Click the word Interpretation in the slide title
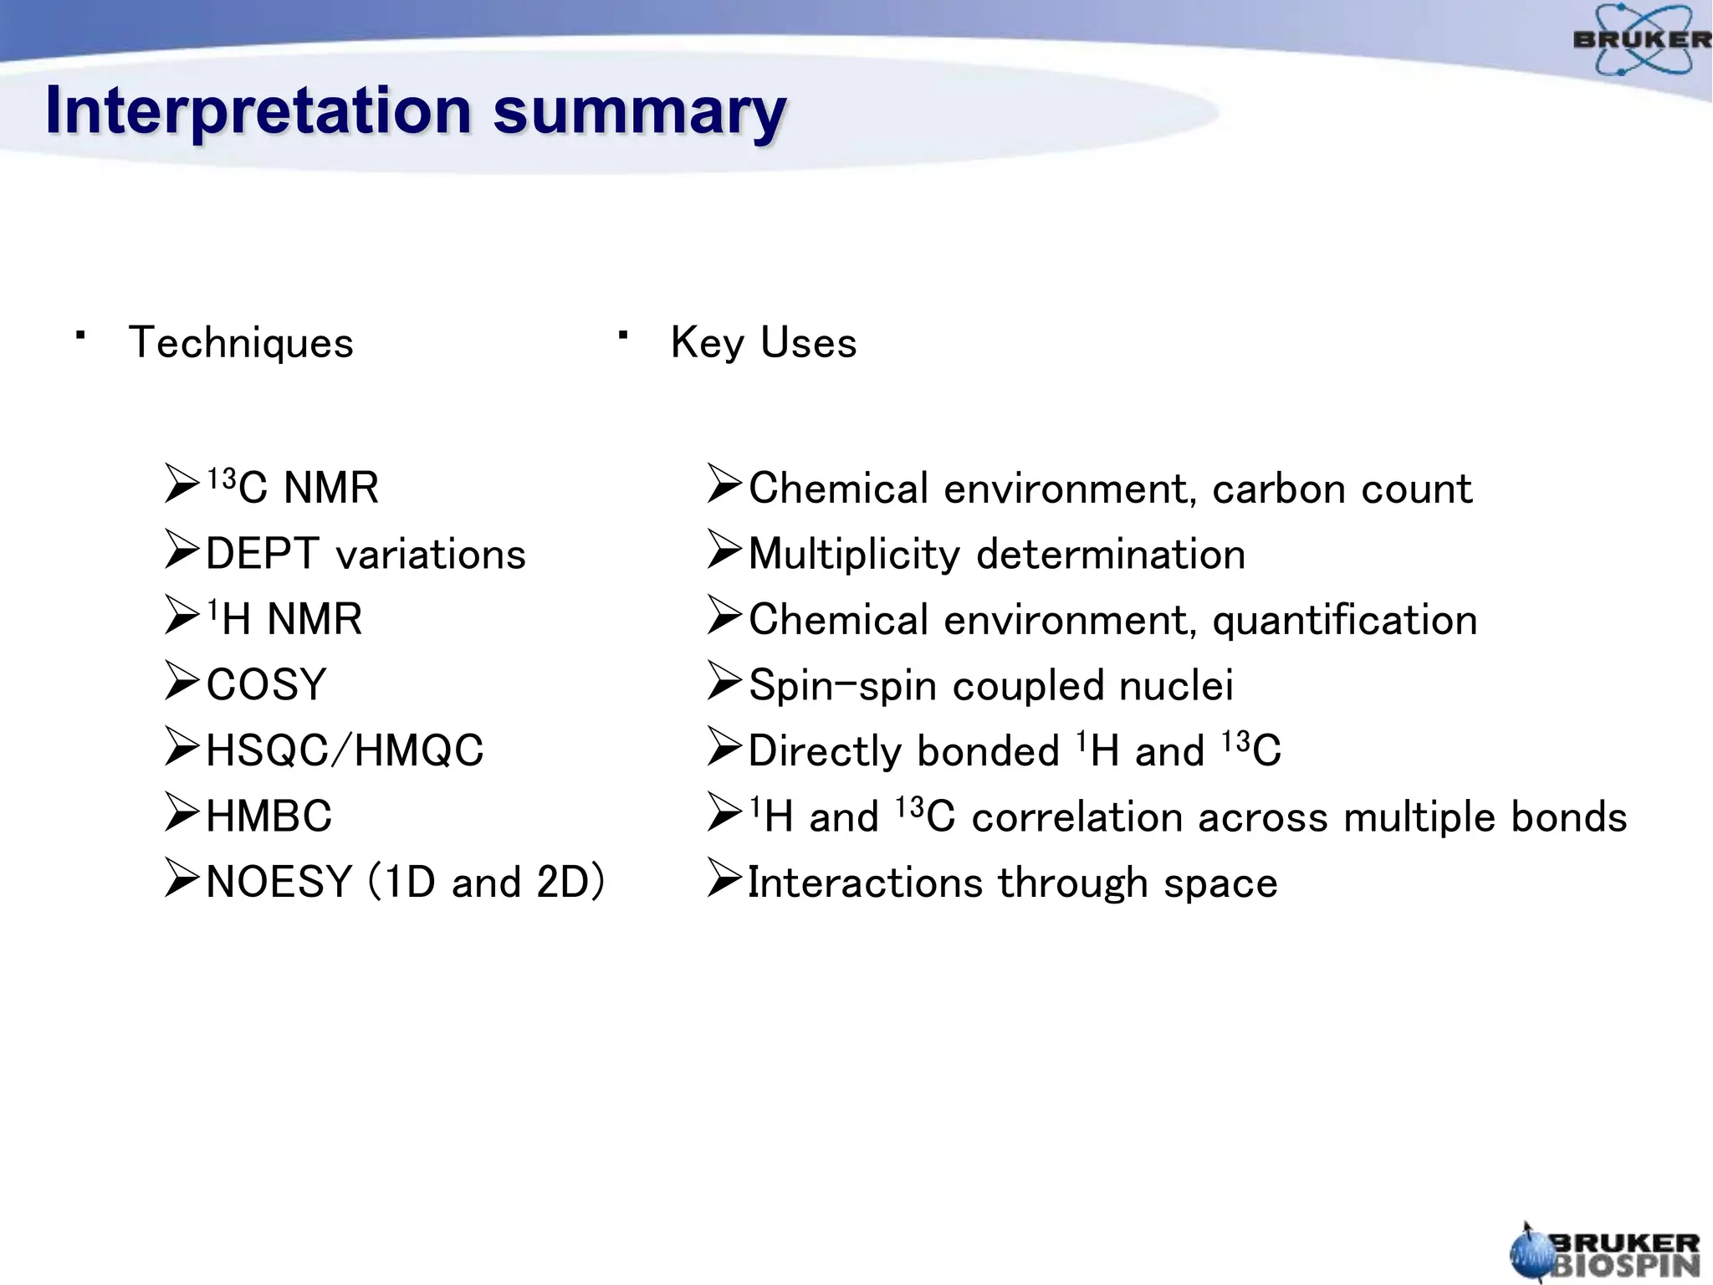[x=258, y=111]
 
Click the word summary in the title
[x=639, y=111]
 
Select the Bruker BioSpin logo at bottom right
[x=1605, y=1253]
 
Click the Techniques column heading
[x=241, y=343]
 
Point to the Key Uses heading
[x=763, y=343]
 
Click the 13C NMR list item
[x=293, y=488]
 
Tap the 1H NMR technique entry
[x=284, y=620]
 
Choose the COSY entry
[x=266, y=685]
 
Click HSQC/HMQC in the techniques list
[x=345, y=750]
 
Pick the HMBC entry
[x=268, y=817]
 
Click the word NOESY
[x=279, y=882]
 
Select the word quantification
[x=1344, y=620]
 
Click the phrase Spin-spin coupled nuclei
[x=990, y=685]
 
